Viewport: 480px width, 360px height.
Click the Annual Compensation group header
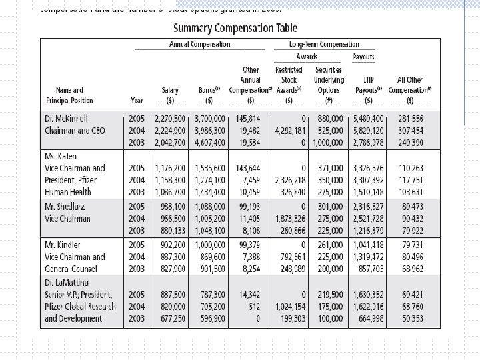pyautogui.click(x=197, y=45)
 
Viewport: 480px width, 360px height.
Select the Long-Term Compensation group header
pyautogui.click(x=324, y=45)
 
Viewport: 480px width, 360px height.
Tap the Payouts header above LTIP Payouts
pyautogui.click(x=363, y=57)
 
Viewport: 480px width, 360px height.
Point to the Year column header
pyautogui.click(x=137, y=101)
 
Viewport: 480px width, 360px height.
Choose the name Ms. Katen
pyautogui.click(x=61, y=155)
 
